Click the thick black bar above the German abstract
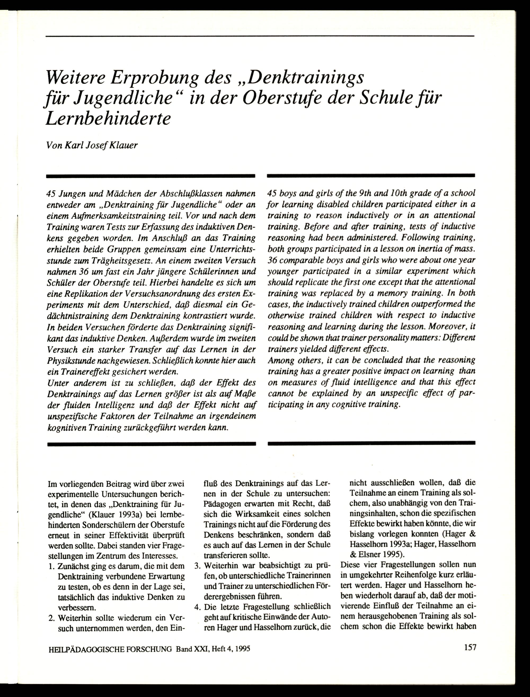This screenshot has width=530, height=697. coord(151,176)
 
